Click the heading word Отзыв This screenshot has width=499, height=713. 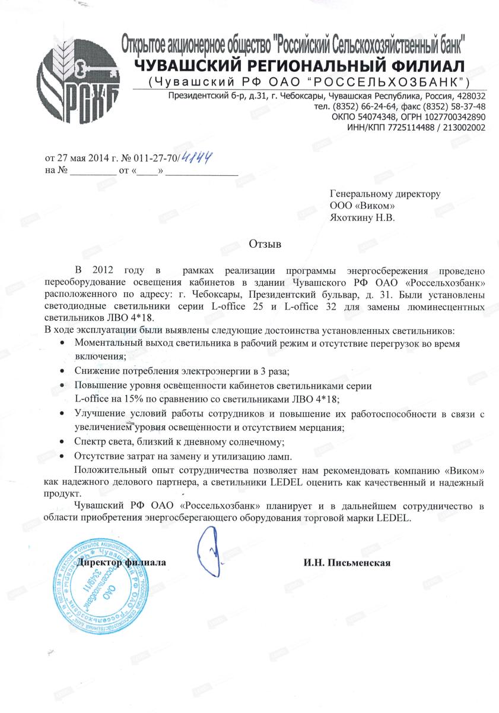coord(265,244)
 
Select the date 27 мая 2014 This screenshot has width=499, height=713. coord(83,159)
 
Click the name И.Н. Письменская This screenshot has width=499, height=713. coord(347,562)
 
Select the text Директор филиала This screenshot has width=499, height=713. coord(123,562)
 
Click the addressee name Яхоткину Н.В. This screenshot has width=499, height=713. coord(362,217)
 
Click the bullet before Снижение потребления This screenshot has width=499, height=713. coord(65,371)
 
